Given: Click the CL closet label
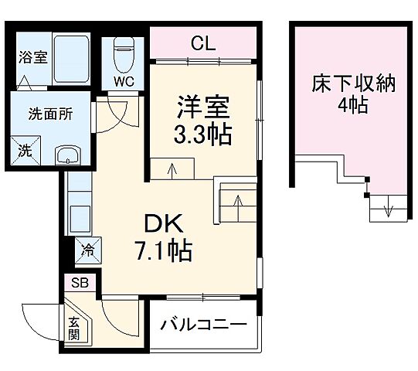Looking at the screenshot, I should tap(203, 43).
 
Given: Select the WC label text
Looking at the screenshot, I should tap(124, 80).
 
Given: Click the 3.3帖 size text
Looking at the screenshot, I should tap(202, 135).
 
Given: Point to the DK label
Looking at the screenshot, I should tap(163, 223).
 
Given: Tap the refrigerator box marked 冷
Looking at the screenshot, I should tap(88, 250).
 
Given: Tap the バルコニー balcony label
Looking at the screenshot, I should tap(203, 325).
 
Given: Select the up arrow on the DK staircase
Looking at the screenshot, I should tap(239, 205).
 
